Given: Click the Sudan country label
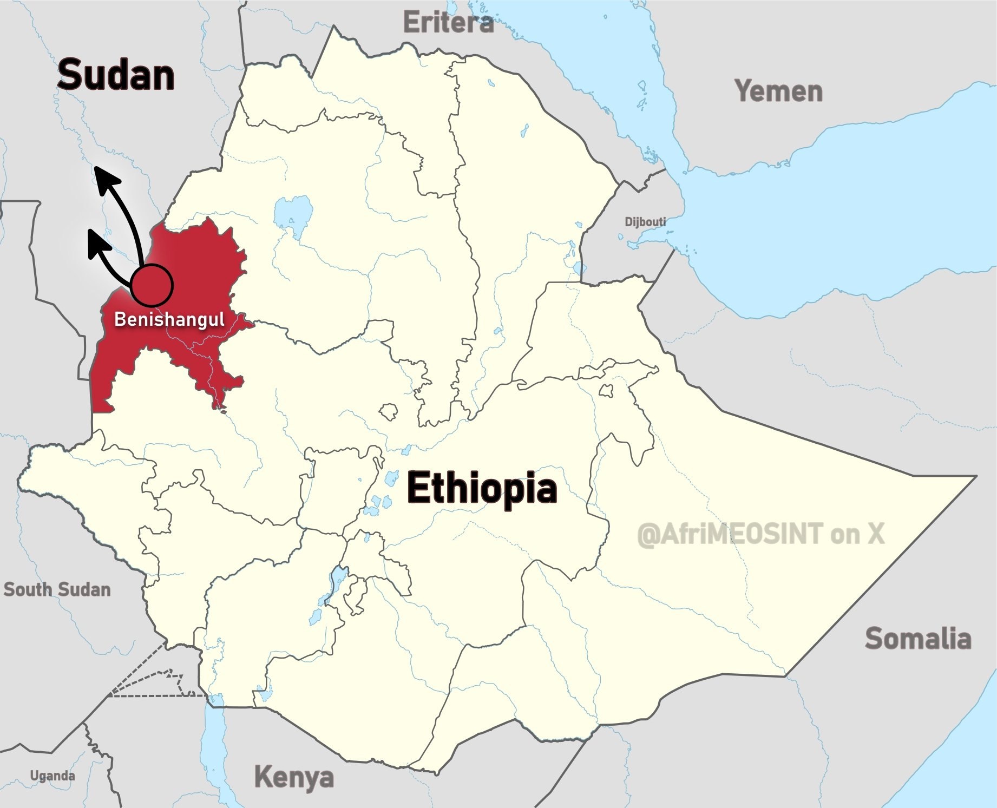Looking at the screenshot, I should click(116, 75).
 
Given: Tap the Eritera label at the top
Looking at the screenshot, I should click(448, 23).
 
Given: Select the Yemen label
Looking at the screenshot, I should click(778, 91).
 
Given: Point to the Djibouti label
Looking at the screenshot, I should click(645, 222).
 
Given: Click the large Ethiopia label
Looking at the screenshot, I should click(482, 488).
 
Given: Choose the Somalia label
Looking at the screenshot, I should click(918, 639).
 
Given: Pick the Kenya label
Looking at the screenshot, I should click(294, 777).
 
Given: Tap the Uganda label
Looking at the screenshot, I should click(53, 776).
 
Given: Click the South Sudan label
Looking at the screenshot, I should click(57, 589).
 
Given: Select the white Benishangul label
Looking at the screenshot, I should click(169, 319).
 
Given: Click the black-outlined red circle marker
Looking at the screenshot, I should click(152, 285).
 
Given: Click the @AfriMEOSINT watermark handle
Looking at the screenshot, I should click(730, 534).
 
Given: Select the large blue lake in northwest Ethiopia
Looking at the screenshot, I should click(293, 214).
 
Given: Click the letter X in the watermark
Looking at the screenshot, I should click(876, 534).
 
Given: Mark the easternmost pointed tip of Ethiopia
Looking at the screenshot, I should click(976, 476).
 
